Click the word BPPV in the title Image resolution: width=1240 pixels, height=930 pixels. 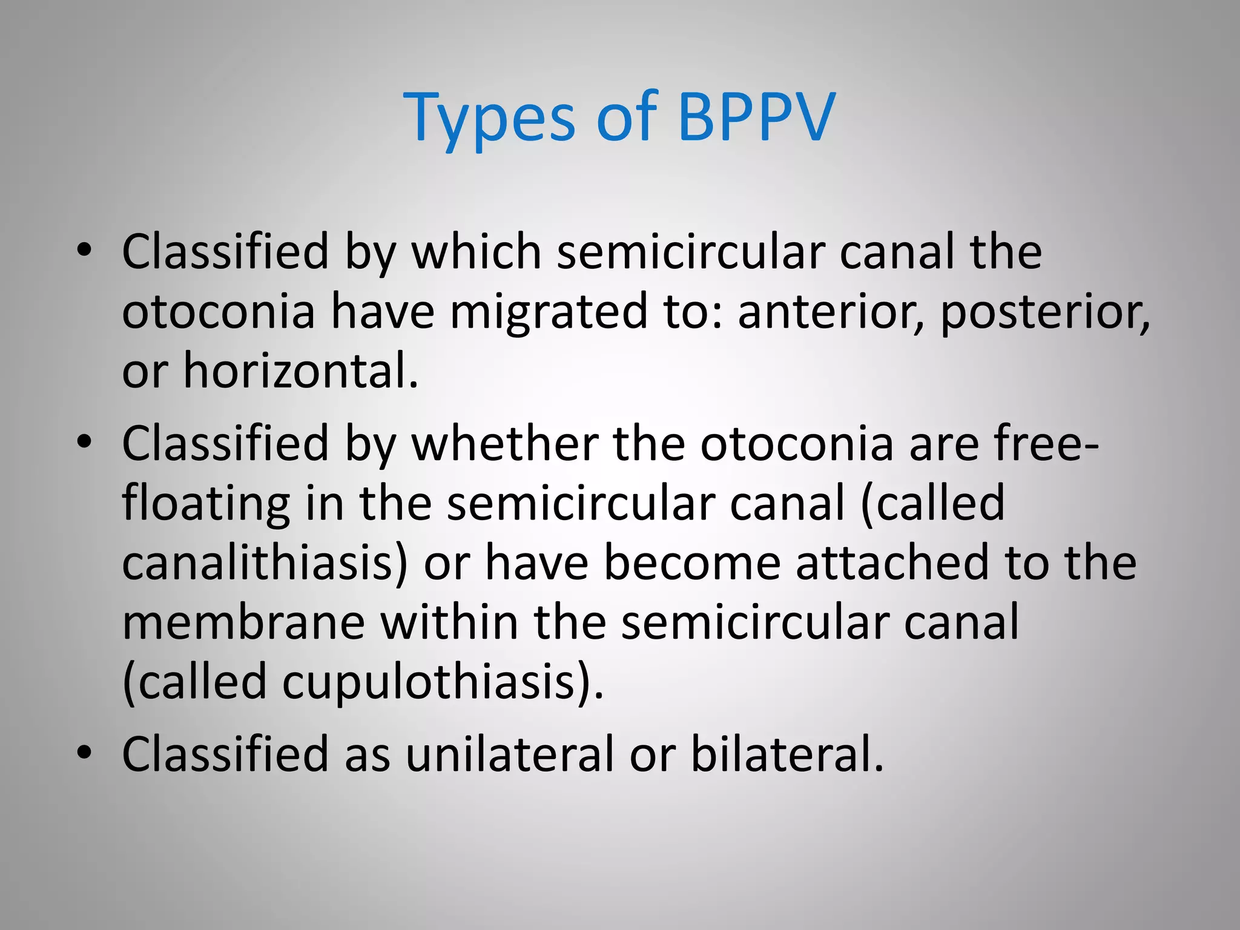(756, 116)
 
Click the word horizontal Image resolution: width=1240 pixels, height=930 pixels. (300, 371)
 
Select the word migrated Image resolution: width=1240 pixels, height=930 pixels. (549, 312)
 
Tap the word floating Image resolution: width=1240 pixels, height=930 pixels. (206, 504)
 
